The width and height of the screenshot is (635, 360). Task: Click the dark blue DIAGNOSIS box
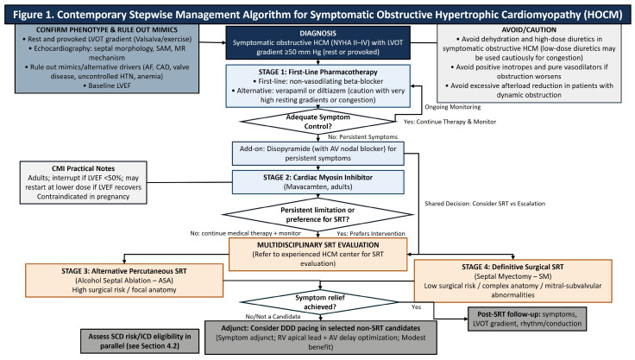click(x=317, y=42)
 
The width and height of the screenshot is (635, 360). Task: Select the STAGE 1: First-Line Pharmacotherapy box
click(x=317, y=86)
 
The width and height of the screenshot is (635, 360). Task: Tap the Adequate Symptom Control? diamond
click(x=317, y=122)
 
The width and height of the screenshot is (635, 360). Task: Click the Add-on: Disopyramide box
click(x=317, y=154)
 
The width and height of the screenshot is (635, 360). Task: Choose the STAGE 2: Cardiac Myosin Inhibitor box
click(x=317, y=182)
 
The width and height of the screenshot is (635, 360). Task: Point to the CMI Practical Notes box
click(x=84, y=182)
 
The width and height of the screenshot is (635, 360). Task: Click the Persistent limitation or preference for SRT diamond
click(x=317, y=214)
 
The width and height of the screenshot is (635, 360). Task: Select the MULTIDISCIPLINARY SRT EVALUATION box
click(x=317, y=254)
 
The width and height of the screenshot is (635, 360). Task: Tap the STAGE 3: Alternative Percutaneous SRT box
click(x=124, y=280)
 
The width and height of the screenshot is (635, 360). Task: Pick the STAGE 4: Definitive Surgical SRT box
click(x=512, y=281)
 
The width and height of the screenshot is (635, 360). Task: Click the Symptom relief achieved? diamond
click(x=320, y=302)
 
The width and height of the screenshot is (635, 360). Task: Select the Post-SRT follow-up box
click(x=527, y=319)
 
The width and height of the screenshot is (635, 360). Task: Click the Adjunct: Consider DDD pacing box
click(x=321, y=338)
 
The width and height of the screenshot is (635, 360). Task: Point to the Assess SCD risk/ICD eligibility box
click(x=140, y=341)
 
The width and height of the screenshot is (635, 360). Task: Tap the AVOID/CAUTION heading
click(x=529, y=29)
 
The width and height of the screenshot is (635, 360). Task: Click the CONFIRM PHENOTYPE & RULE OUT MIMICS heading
click(x=107, y=29)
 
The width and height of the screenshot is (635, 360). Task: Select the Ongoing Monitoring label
click(x=453, y=107)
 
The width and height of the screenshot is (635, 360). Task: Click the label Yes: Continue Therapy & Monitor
click(x=450, y=122)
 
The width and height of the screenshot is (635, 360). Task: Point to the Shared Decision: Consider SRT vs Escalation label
click(x=485, y=204)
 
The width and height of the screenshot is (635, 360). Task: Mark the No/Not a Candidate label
click(x=273, y=317)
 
